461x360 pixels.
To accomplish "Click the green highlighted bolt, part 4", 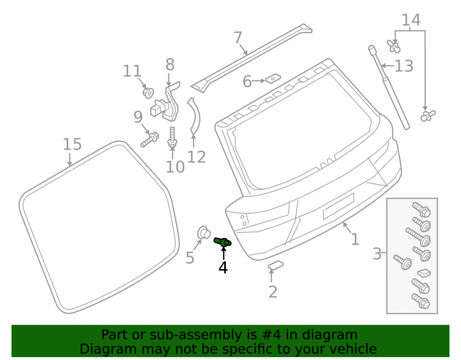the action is pos(222,242).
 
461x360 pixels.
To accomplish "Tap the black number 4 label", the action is pos(223,268).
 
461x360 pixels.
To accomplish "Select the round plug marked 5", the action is pos(204,233).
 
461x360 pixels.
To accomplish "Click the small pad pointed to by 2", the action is pos(276,265).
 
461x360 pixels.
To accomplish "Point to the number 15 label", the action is pos(72,144).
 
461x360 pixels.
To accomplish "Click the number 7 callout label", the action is pos(238,38).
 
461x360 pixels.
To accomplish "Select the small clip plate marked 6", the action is pos(273,78).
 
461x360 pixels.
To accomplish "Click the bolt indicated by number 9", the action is pos(150,140).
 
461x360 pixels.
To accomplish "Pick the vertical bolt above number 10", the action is pos(172,137).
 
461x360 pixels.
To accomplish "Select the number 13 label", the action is pos(404,66).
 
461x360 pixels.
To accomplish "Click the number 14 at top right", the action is pos(411,20).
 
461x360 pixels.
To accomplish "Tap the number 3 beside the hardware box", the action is pos(377,254).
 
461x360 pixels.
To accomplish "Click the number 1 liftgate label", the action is pos(355,239).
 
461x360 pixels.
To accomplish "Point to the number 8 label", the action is pos(170,65).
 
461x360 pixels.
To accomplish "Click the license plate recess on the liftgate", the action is pos(338,207).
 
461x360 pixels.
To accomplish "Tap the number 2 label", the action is pos(273,292).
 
